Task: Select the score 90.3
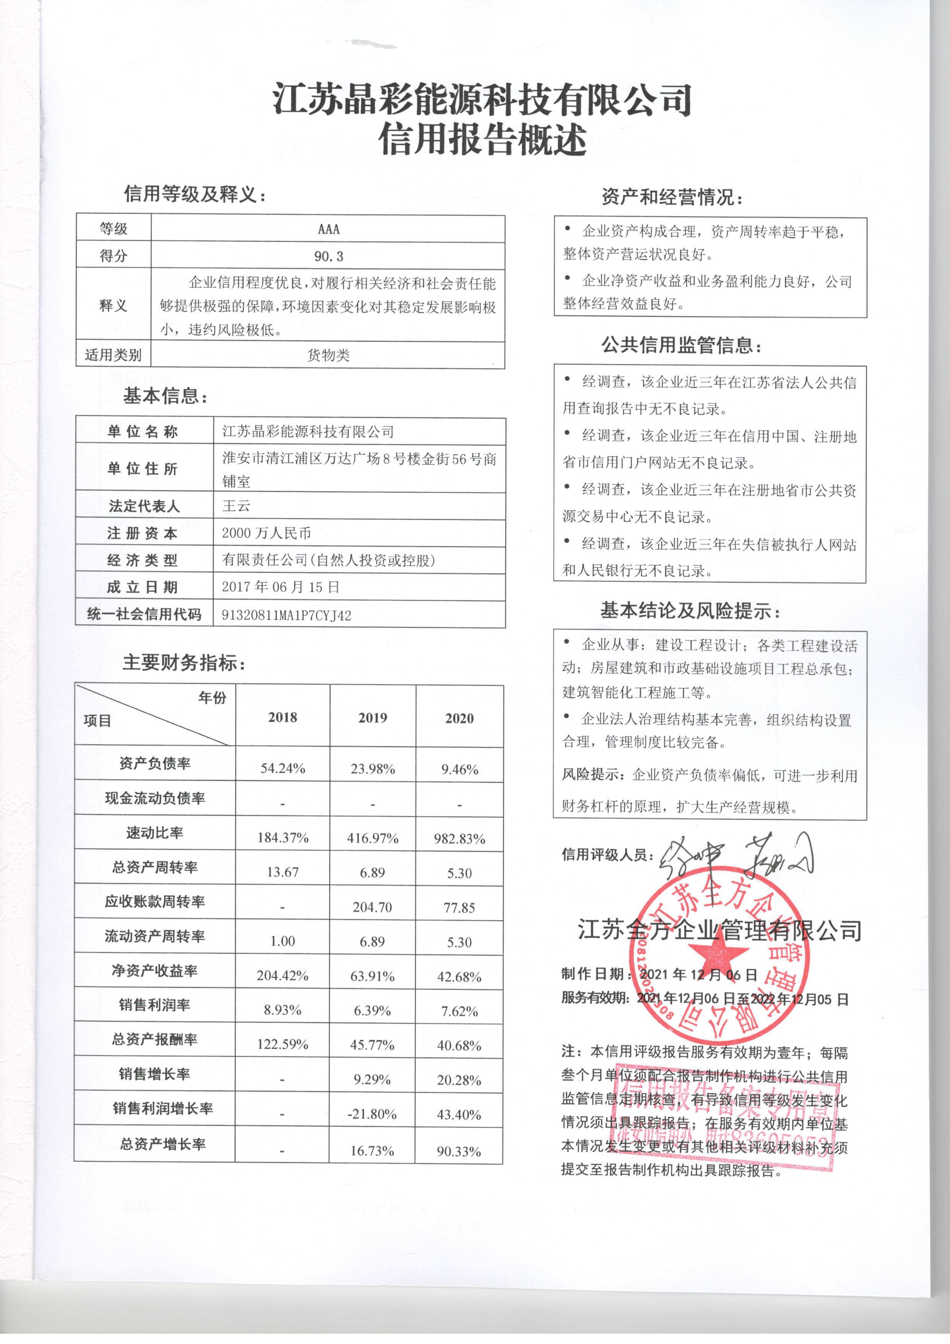pos(328,256)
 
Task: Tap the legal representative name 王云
pos(236,506)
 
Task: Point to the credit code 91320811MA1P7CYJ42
pos(287,615)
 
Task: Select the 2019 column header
pos(373,718)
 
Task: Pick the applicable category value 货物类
pos(328,355)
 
